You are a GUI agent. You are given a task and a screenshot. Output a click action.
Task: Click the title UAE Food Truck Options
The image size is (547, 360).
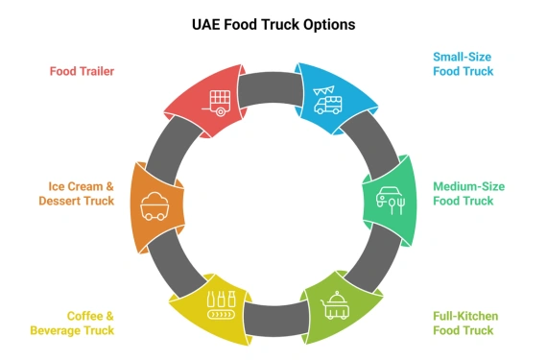pyautogui.click(x=273, y=24)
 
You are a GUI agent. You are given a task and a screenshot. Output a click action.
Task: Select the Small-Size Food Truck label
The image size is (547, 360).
pyautogui.click(x=464, y=63)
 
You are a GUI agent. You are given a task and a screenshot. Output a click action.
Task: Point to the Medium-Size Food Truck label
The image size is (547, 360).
pyautogui.click(x=468, y=193)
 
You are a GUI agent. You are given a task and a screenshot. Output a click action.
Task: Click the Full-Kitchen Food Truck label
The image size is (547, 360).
pyautogui.click(x=464, y=324)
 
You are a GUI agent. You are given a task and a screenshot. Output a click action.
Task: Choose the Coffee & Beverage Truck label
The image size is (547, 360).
pyautogui.click(x=90, y=324)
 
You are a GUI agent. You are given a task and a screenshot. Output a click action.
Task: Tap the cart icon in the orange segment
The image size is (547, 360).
pyautogui.click(x=155, y=204)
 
